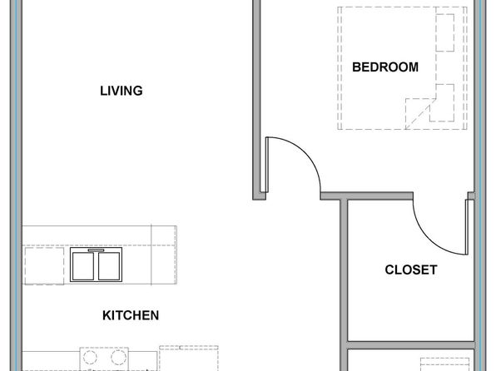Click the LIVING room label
pyautogui.click(x=122, y=91)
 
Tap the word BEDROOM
pyautogui.click(x=385, y=67)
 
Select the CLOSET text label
pyautogui.click(x=411, y=270)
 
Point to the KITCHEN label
pyautogui.click(x=131, y=315)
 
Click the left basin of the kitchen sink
pyautogui.click(x=83, y=266)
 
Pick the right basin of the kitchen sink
pyautogui.click(x=109, y=266)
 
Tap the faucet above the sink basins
pyautogui.click(x=96, y=250)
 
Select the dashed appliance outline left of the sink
pyautogui.click(x=44, y=265)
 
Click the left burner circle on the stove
pyautogui.click(x=90, y=358)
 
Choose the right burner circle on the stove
pyautogui.click(x=118, y=358)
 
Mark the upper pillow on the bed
pyautogui.click(x=445, y=33)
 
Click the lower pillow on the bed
pyautogui.click(x=443, y=103)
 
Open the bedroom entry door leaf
pyautogui.click(x=267, y=165)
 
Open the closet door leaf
pyautogui.click(x=467, y=227)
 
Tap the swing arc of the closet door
pyautogui.click(x=429, y=239)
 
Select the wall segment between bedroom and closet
pyautogui.click(x=367, y=195)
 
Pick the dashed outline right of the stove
pyautogui.click(x=189, y=359)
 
